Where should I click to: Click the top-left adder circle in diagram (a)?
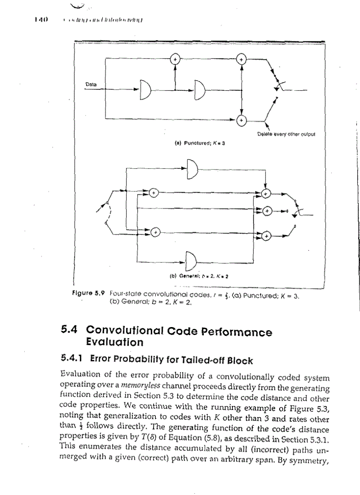click(x=175, y=59)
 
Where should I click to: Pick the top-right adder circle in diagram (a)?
click(x=241, y=59)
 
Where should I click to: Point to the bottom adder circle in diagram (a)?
click(x=241, y=119)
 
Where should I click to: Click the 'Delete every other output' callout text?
click(x=285, y=134)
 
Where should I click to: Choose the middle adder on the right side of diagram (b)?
click(x=266, y=212)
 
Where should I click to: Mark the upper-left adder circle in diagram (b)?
click(x=153, y=193)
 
